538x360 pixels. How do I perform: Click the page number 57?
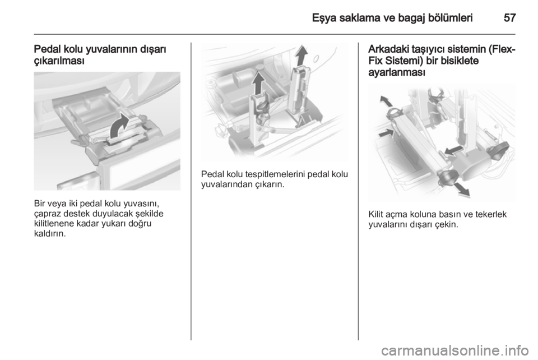(x=509, y=18)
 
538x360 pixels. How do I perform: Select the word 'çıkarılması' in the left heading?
(x=59, y=61)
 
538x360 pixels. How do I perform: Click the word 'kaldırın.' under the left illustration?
(x=49, y=234)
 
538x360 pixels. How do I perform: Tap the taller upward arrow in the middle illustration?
(x=302, y=56)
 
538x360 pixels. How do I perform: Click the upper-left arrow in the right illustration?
(x=386, y=101)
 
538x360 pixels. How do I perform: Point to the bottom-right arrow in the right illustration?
(x=461, y=190)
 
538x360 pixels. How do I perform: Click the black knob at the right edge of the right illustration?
(x=499, y=150)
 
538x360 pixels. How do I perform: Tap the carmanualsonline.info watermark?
(x=455, y=350)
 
